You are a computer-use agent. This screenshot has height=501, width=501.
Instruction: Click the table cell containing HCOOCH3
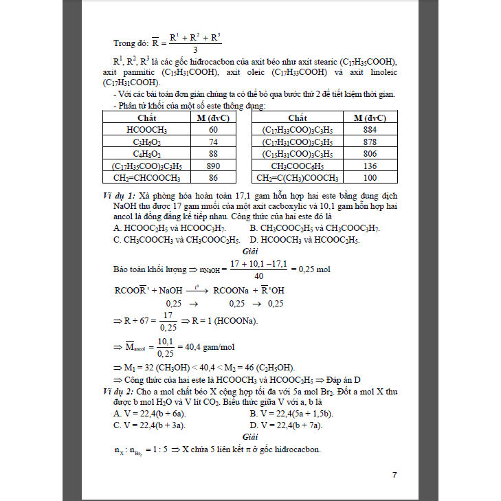click(x=147, y=129)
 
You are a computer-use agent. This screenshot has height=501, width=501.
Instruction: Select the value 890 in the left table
click(x=213, y=166)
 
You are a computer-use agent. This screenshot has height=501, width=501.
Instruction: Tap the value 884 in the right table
click(x=370, y=129)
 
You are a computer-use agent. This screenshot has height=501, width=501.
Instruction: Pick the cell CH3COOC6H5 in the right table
click(x=298, y=166)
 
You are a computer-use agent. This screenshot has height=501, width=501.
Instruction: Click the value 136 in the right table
click(x=370, y=166)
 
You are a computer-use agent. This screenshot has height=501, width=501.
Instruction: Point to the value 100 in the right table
click(x=370, y=178)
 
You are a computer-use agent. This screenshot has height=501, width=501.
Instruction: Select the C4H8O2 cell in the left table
click(x=147, y=153)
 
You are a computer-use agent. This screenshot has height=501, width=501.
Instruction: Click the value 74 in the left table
click(x=213, y=142)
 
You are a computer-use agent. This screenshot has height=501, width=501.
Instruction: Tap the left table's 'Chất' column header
click(x=147, y=118)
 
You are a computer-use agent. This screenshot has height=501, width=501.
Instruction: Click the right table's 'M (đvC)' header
click(x=370, y=118)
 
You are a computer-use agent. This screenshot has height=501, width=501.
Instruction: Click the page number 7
click(x=394, y=475)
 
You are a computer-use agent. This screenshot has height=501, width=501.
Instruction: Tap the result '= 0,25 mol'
click(x=309, y=269)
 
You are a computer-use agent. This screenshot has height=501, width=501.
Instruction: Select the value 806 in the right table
click(x=370, y=153)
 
